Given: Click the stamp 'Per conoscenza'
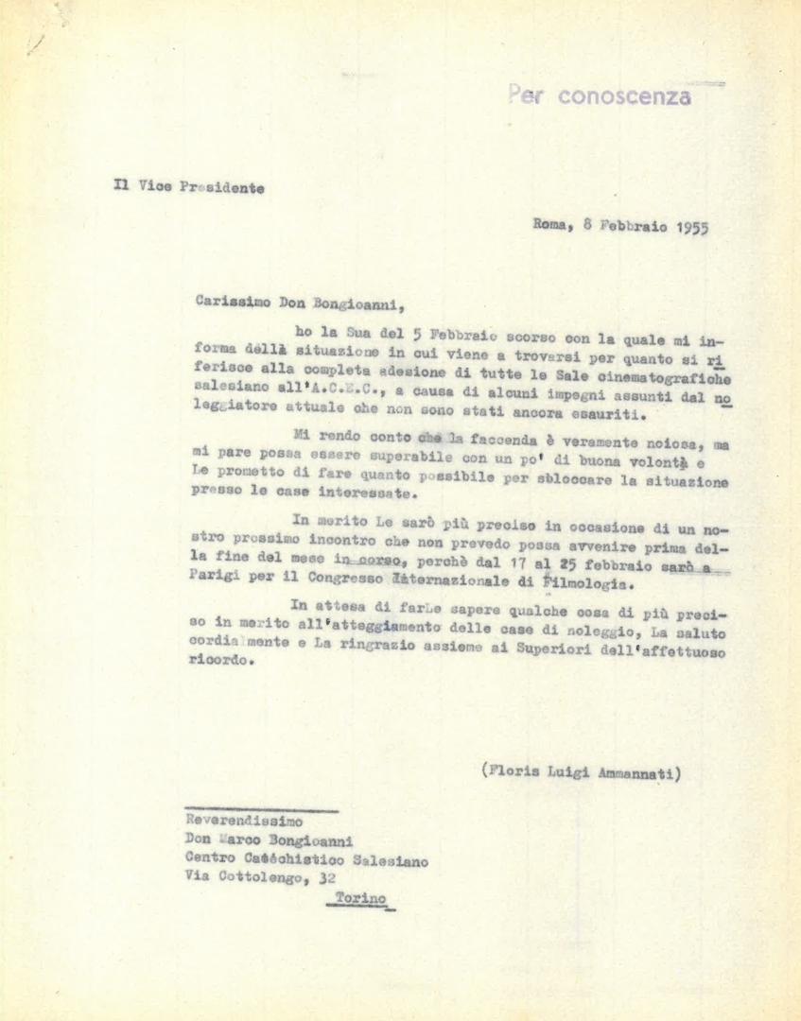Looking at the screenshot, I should pos(600,95).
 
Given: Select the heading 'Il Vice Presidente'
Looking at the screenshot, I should pos(188,186).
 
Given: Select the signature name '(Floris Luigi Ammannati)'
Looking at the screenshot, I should pos(582,772).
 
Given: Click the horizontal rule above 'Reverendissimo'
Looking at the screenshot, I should pos(261,810).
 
